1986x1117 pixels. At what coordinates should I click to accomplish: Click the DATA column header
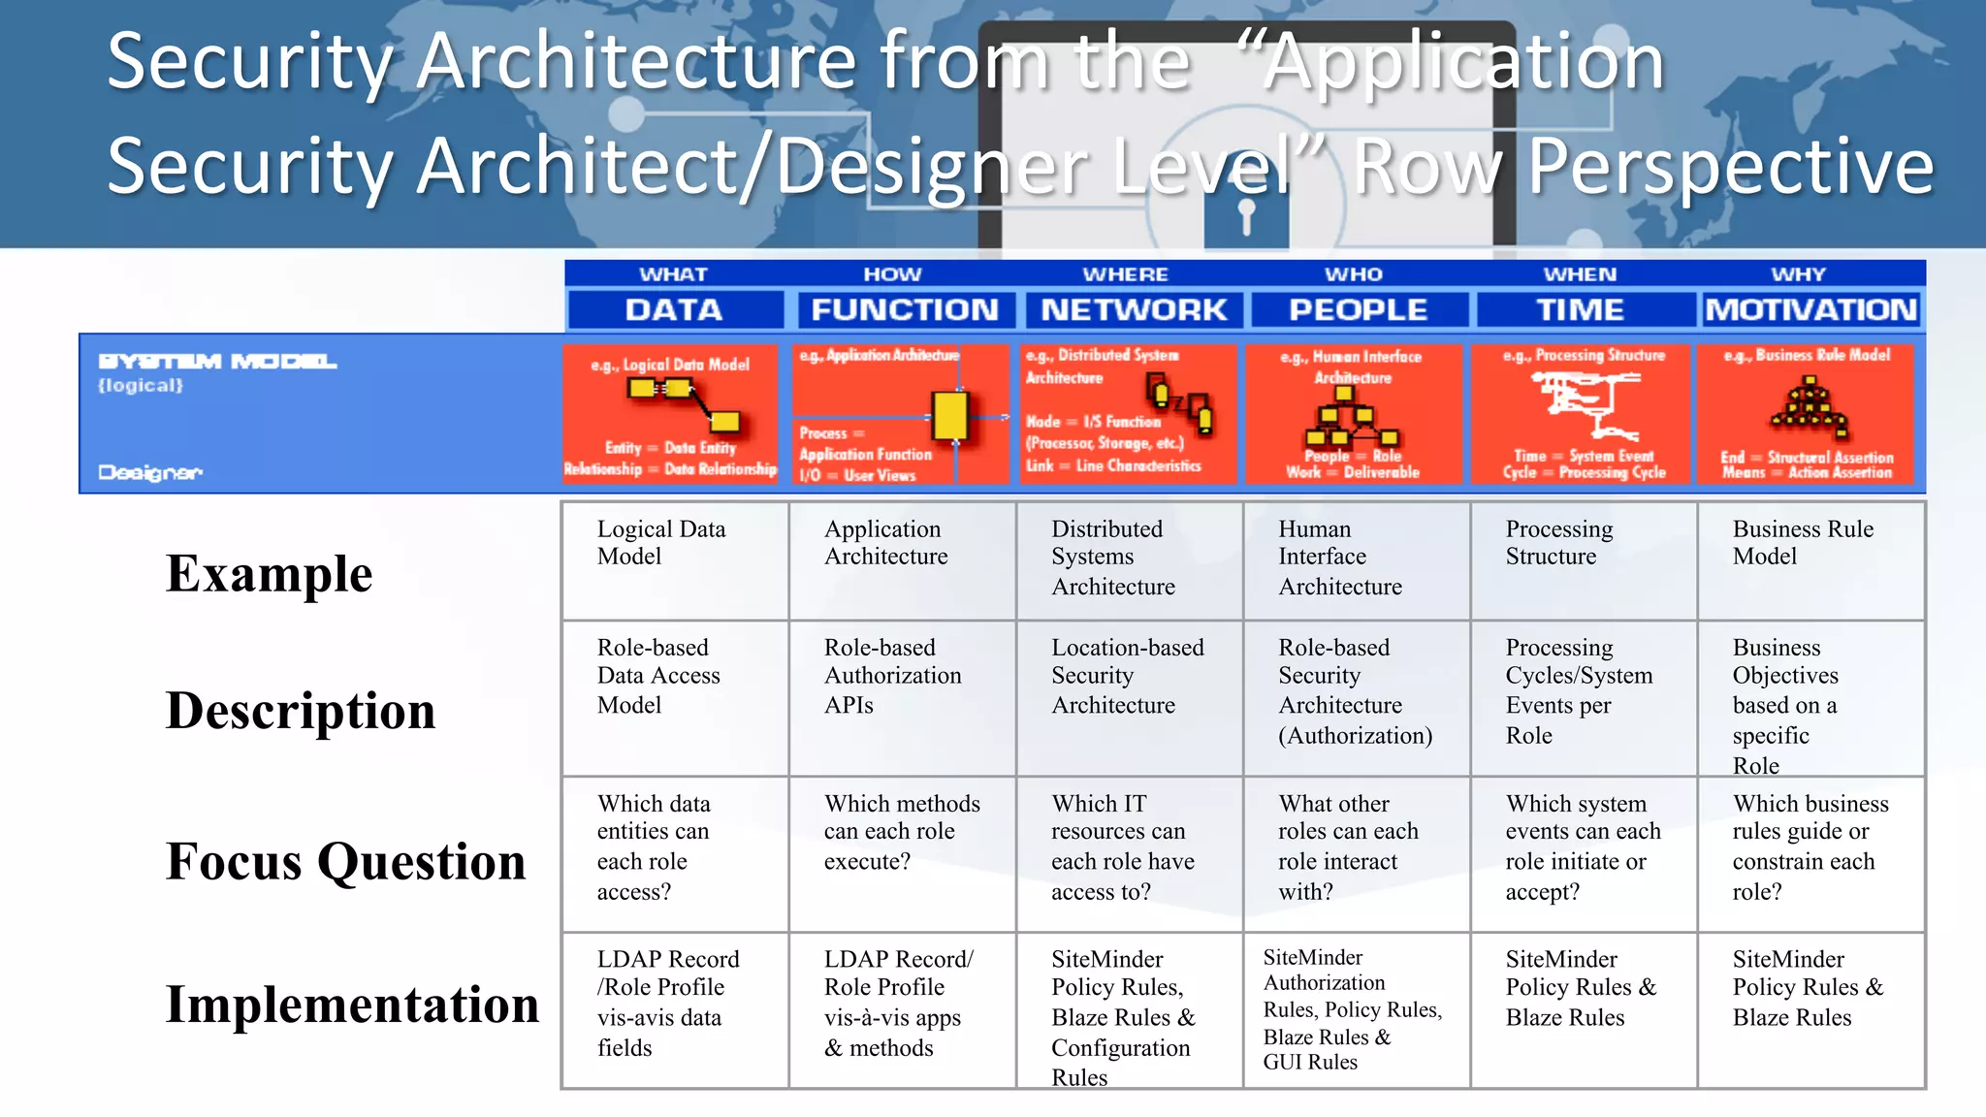click(674, 309)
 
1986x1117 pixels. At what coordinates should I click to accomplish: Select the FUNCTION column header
click(904, 309)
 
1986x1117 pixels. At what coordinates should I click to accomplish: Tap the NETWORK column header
click(1133, 309)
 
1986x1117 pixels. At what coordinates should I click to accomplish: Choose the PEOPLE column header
click(1358, 309)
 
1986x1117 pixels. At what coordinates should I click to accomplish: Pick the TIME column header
click(1580, 309)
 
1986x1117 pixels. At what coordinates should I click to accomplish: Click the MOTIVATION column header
click(1810, 309)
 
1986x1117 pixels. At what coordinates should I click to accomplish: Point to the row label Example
click(269, 573)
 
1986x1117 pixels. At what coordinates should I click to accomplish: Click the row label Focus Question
click(345, 861)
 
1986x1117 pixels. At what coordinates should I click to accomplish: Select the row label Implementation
click(352, 1004)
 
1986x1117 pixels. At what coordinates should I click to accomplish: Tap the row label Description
click(301, 710)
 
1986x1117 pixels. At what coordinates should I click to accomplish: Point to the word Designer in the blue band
click(150, 472)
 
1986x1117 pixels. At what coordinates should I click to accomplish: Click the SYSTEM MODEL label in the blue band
click(217, 362)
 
